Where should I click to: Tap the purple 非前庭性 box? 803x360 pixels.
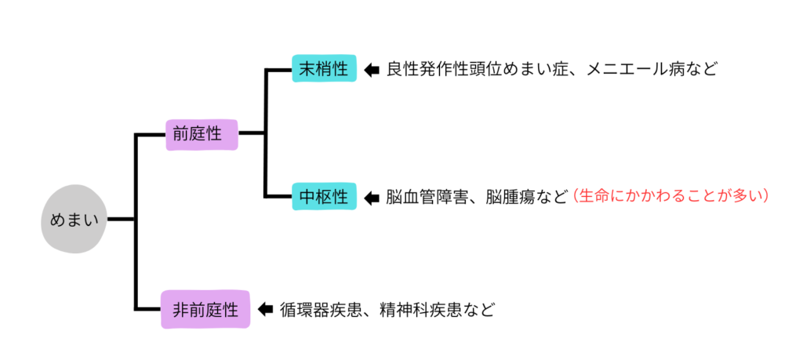(x=205, y=309)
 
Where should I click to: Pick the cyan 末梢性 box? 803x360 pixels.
(x=325, y=68)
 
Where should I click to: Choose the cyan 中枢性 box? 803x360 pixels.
(x=325, y=197)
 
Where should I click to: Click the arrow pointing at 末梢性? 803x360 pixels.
(x=372, y=69)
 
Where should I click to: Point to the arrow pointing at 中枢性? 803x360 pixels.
(x=372, y=198)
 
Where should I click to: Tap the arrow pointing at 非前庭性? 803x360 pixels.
(x=265, y=310)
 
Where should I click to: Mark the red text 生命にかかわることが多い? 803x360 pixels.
(x=670, y=198)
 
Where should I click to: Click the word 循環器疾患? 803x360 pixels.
(x=320, y=310)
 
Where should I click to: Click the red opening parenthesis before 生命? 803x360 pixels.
(x=575, y=198)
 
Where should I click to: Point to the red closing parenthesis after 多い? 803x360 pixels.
(x=765, y=198)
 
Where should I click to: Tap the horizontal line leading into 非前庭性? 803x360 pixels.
(x=148, y=309)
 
